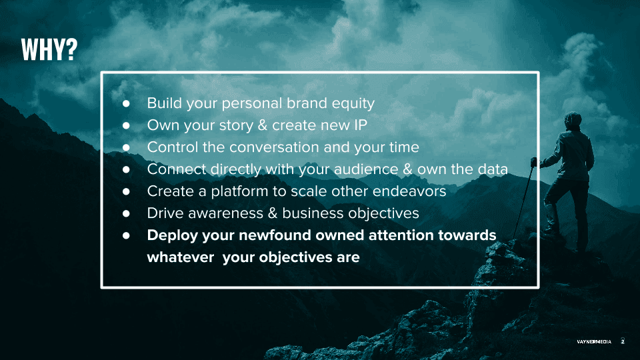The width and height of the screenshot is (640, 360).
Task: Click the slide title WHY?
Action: pos(49,50)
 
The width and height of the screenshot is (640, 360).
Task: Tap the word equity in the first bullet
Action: pos(353,104)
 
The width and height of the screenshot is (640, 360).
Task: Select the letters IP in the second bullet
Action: pos(361,125)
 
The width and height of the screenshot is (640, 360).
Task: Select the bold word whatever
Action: pos(181,257)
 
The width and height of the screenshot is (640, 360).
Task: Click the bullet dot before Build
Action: pos(126,104)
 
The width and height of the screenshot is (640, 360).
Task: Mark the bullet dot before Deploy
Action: pos(126,235)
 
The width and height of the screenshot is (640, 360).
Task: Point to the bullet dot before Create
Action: pos(126,191)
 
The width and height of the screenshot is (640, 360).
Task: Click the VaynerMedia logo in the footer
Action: pos(594,341)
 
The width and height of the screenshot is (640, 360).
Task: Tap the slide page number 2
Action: pos(623,341)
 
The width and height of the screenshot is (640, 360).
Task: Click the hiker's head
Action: pos(573,121)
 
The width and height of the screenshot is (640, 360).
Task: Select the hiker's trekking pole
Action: pos(523,201)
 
